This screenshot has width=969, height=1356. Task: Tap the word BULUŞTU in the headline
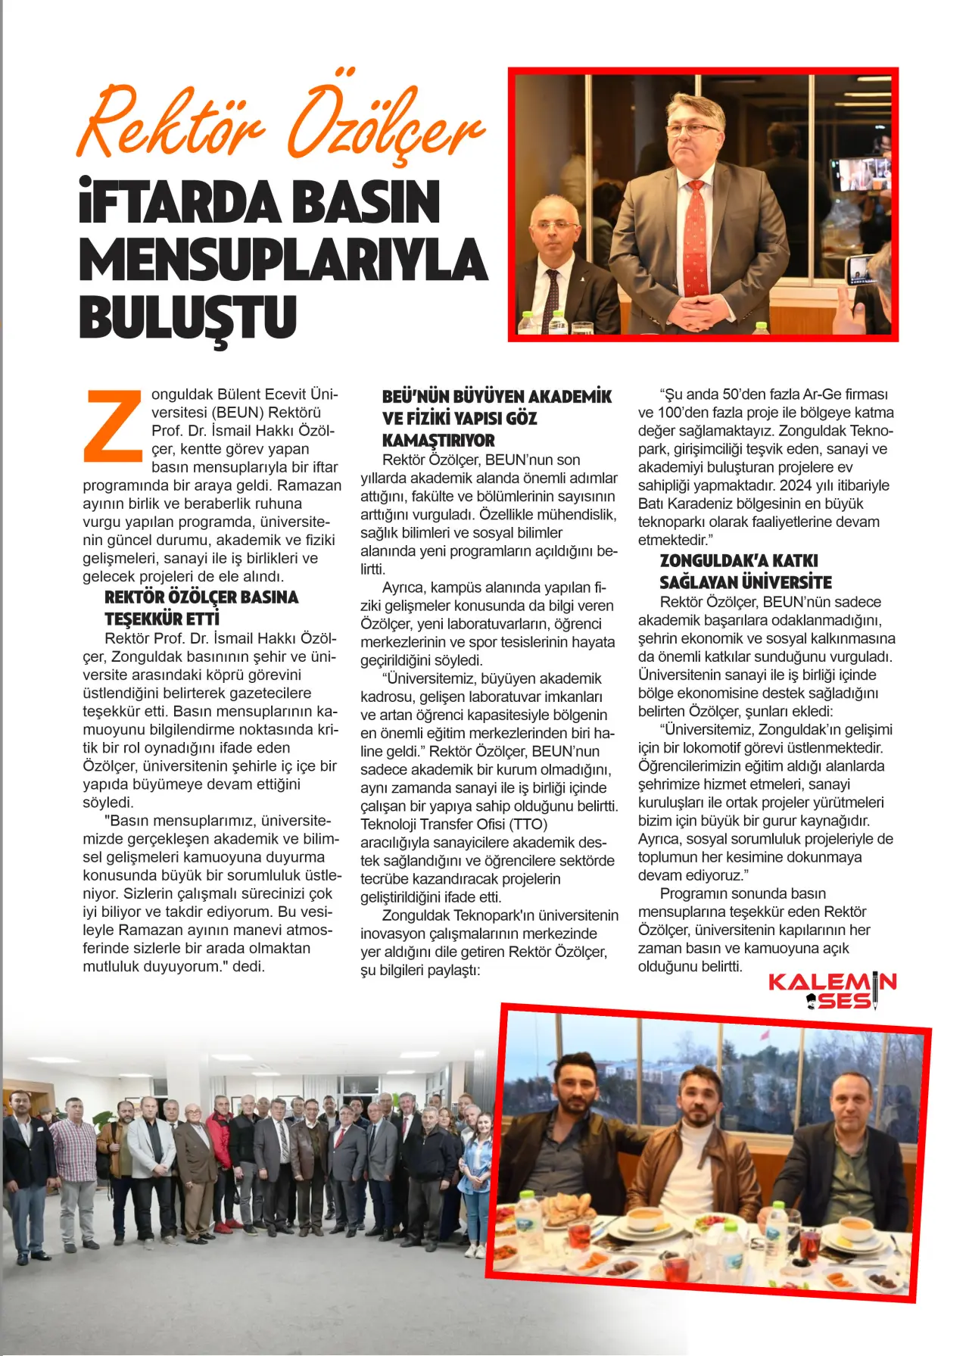pyautogui.click(x=187, y=316)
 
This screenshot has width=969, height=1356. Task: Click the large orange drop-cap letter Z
pyautogui.click(x=114, y=426)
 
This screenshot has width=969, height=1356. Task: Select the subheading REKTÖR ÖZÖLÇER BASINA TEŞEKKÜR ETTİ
pyautogui.click(x=201, y=607)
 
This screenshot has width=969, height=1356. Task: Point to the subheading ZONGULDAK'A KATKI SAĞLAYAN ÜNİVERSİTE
pyautogui.click(x=745, y=571)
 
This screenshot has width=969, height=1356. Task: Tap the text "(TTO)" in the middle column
pyautogui.click(x=528, y=824)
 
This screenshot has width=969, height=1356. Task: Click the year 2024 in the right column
pyautogui.click(x=795, y=485)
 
